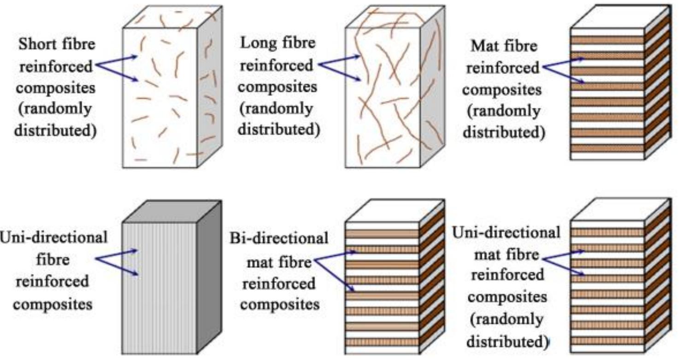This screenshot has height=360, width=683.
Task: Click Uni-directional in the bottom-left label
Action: click(x=54, y=237)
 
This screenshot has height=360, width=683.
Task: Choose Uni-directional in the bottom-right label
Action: click(x=506, y=232)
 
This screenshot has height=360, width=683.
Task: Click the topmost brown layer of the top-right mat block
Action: click(x=606, y=40)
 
